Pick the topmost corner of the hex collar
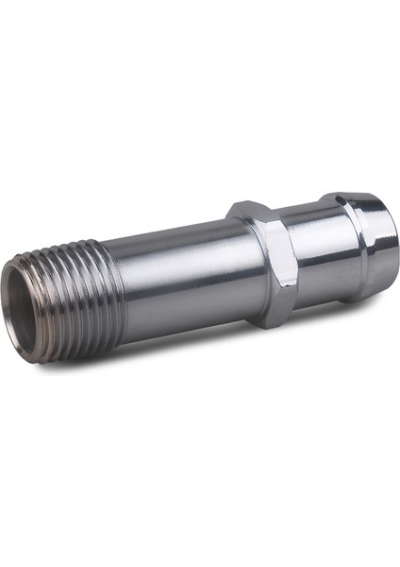[x=247, y=202]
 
